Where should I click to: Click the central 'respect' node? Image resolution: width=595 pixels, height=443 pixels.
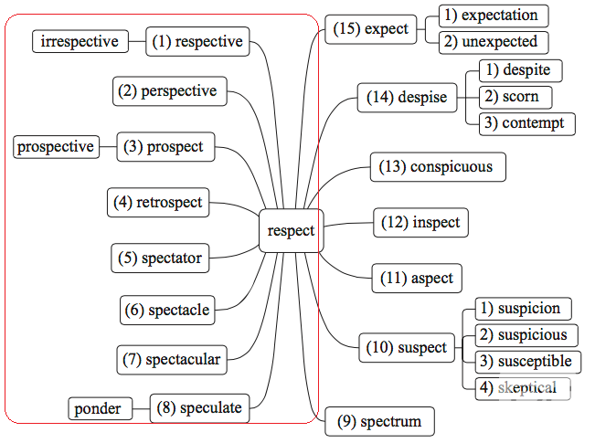[291, 230]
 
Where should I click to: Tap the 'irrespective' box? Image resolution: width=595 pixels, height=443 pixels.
[80, 41]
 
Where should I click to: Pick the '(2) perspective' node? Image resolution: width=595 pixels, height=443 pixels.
[171, 91]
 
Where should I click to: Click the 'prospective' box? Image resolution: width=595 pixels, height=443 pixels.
[56, 146]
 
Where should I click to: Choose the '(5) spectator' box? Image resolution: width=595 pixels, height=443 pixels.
[157, 258]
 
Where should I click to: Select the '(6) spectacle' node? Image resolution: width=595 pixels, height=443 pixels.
[168, 310]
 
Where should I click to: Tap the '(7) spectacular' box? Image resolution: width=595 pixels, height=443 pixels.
[172, 359]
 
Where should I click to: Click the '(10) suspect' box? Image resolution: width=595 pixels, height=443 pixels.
[408, 347]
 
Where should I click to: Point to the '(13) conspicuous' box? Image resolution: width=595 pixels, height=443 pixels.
[439, 166]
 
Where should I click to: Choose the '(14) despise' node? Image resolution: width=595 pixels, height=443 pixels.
[408, 97]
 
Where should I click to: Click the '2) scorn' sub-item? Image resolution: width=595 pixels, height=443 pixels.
[515, 96]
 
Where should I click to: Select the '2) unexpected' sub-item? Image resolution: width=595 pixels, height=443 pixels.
[494, 42]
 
